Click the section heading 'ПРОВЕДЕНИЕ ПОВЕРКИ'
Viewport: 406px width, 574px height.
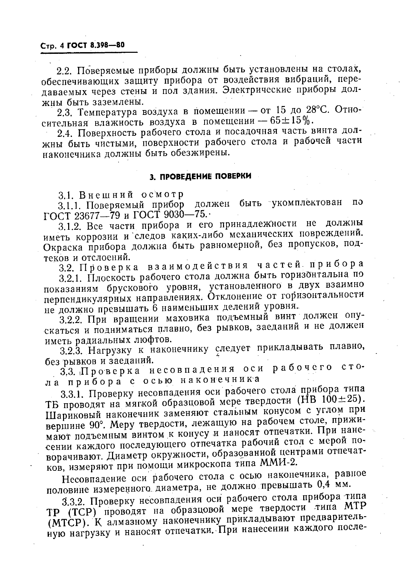coord(200,176)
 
